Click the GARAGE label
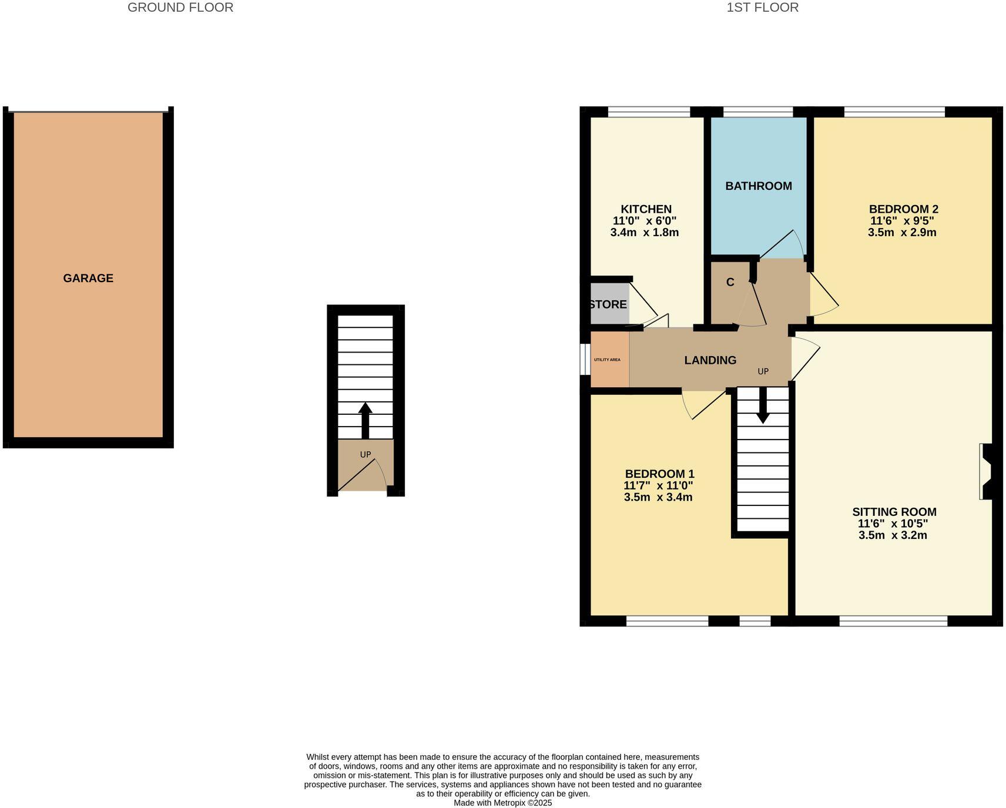point(88,278)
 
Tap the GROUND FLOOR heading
point(180,8)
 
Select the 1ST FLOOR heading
point(762,8)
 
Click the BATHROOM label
point(758,186)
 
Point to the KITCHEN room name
point(646,209)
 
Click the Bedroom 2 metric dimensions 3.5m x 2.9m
point(901,232)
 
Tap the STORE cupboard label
point(608,304)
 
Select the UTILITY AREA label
point(607,360)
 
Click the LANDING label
point(710,360)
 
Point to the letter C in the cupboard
point(730,282)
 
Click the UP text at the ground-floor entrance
point(365,454)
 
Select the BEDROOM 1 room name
point(659,474)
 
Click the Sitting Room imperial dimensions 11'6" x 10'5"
point(893,524)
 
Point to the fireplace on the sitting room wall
point(986,471)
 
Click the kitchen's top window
point(648,112)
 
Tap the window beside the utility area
point(584,358)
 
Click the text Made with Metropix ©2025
point(502,803)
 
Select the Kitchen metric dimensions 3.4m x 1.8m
point(644,232)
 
